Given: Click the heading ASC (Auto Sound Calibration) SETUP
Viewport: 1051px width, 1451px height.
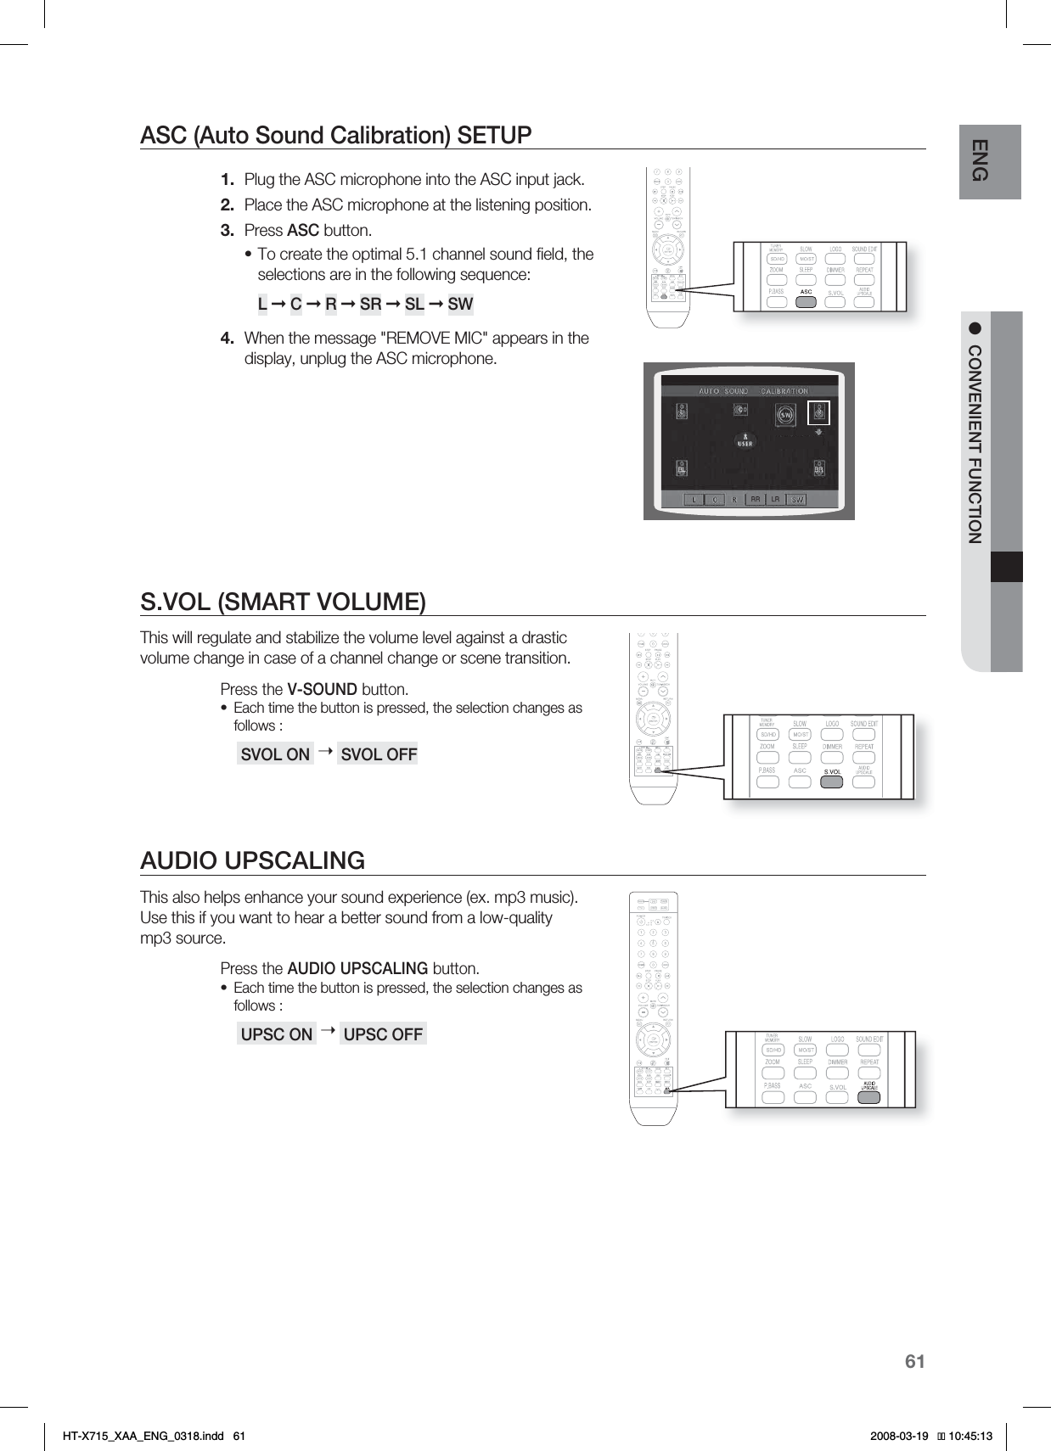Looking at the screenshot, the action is pyautogui.click(x=335, y=136).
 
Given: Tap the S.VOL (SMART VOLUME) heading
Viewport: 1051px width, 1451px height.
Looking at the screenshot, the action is pyautogui.click(x=283, y=602).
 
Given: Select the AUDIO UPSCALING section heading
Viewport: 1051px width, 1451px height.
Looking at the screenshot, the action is pyautogui.click(x=252, y=860).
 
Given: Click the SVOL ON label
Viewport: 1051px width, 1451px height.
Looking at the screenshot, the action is pyautogui.click(x=275, y=754).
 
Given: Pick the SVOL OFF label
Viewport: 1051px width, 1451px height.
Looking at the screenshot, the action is pyautogui.click(x=378, y=754).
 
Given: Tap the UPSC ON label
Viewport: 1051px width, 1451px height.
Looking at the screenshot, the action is pyautogui.click(x=277, y=1034).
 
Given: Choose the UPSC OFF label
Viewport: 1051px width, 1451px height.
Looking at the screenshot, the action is pyautogui.click(x=383, y=1034).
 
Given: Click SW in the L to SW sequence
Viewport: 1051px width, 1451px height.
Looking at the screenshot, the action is pyautogui.click(x=460, y=304).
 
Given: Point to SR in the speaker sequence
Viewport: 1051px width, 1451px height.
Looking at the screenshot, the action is pyautogui.click(x=370, y=304).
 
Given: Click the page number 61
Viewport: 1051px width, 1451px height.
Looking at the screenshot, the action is pyautogui.click(x=914, y=1362).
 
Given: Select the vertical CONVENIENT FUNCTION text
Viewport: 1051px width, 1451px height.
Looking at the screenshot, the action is pyautogui.click(x=975, y=444).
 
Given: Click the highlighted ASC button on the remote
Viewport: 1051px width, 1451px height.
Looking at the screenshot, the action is pyautogui.click(x=807, y=300).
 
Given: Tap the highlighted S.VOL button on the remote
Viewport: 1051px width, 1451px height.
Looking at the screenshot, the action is pyautogui.click(x=832, y=781).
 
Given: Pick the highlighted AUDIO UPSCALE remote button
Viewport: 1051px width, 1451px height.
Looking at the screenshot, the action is pyautogui.click(x=868, y=1095).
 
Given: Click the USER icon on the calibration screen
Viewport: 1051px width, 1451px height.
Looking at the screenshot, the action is pyautogui.click(x=745, y=440).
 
